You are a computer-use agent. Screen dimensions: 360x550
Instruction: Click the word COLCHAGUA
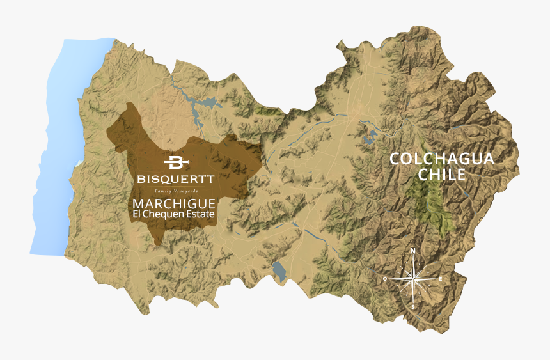point(443,159)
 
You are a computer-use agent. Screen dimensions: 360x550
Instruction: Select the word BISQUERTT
point(175,178)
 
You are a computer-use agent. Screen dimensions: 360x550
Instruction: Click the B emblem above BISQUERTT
point(175,162)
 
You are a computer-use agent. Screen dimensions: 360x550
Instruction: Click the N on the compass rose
point(413,251)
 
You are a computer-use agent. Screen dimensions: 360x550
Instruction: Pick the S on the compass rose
point(413,306)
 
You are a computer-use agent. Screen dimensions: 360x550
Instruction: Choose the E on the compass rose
point(441,279)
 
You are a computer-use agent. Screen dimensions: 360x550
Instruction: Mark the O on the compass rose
point(385,279)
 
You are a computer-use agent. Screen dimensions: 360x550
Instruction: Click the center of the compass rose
point(413,279)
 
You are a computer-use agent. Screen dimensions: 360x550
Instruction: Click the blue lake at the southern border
point(279,271)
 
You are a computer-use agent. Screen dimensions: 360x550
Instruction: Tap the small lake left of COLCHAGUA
point(368,136)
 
